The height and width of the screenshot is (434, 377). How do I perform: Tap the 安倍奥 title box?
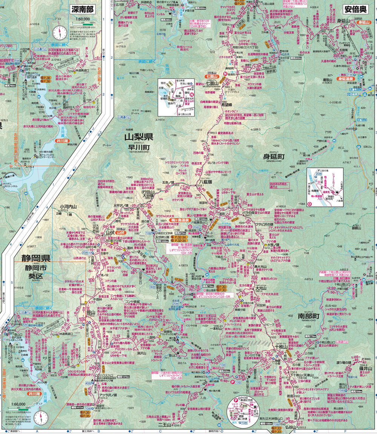[356, 9]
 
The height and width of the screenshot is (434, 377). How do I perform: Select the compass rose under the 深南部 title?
[59, 32]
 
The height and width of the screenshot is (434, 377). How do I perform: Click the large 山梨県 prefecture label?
[138, 137]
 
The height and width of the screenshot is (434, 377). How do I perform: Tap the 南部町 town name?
[308, 316]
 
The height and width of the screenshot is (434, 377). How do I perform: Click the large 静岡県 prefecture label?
[36, 258]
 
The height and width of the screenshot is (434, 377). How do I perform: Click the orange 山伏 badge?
[120, 233]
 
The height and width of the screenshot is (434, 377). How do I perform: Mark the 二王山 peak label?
[165, 425]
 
